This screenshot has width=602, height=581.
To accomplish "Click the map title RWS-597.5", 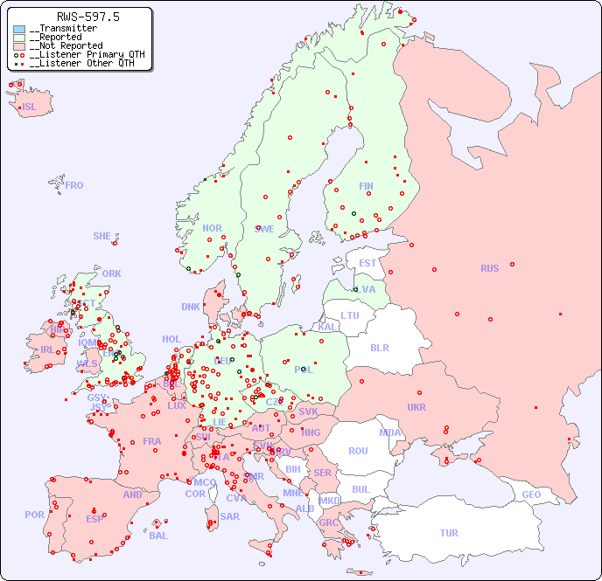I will pos(87,17).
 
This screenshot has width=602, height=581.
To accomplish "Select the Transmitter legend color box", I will pos(19,29).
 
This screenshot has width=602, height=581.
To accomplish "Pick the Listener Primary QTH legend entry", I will pos(86,54).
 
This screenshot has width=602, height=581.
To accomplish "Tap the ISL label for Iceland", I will pos(30,107).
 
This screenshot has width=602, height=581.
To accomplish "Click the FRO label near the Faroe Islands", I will pos(74,185).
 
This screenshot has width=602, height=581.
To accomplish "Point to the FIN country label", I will pos(366,186).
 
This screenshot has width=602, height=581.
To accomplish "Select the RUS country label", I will pos(489,268).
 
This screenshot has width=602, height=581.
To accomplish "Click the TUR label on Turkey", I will pos(449,533).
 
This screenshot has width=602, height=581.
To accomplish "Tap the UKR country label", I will pos(416,407).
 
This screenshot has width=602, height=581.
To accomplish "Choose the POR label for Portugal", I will pos(34,515).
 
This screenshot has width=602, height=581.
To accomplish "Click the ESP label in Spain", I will pos(94,518).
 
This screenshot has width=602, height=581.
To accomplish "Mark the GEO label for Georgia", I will pos(531,495).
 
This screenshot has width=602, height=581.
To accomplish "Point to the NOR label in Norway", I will pos(212,228).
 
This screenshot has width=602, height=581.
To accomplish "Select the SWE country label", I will pos(264,229).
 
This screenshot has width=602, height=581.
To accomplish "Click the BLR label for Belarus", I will pos(379,348).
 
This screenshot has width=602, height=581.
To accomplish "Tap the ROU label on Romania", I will pos(358,451).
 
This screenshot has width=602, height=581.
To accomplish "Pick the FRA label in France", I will pos(152,441).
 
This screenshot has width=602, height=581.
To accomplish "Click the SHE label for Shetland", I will pos(102,236).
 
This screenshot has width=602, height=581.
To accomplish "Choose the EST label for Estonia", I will pos(367,263).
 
